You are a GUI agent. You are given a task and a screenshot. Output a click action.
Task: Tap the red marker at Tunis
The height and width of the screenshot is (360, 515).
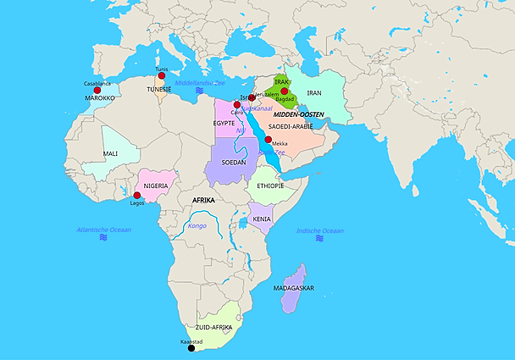click(161, 75)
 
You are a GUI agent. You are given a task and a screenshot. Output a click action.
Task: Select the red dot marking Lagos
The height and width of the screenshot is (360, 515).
click(137, 196)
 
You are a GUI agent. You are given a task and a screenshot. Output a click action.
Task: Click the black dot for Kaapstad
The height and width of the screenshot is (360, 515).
click(191, 347)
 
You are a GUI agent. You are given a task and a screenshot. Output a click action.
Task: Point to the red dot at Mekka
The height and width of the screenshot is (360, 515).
click(269, 140)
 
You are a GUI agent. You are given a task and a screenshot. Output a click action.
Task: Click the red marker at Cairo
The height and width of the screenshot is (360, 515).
click(237, 105)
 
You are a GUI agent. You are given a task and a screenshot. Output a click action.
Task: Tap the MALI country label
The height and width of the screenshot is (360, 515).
click(110, 153)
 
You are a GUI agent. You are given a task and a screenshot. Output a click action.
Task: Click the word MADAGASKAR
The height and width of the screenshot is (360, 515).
click(294, 288)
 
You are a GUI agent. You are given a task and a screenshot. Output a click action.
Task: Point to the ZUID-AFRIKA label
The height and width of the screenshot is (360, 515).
click(213, 327)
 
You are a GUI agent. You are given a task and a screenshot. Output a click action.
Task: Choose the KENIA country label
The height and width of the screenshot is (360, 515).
click(261, 219)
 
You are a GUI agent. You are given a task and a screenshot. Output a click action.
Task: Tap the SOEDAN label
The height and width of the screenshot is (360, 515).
click(233, 162)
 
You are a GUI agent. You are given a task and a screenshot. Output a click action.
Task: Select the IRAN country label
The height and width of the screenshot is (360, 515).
click(314, 92)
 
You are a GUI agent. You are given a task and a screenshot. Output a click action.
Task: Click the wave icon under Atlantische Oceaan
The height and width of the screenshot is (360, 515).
click(104, 238)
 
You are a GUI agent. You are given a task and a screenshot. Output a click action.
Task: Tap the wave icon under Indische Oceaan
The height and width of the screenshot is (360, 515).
click(320, 239)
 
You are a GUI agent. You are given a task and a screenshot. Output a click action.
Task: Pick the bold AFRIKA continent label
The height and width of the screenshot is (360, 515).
click(203, 200)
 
